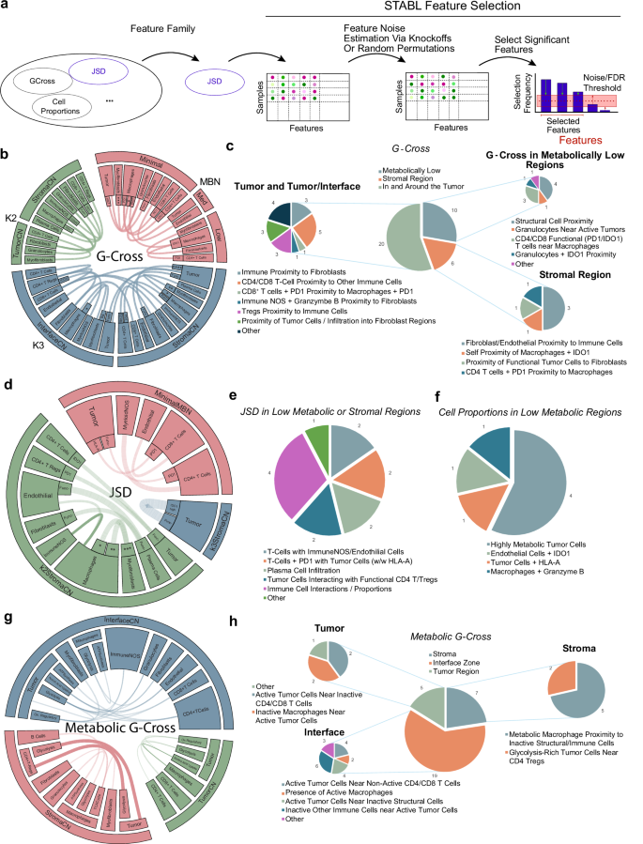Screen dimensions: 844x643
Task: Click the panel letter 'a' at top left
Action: pos(8,8)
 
